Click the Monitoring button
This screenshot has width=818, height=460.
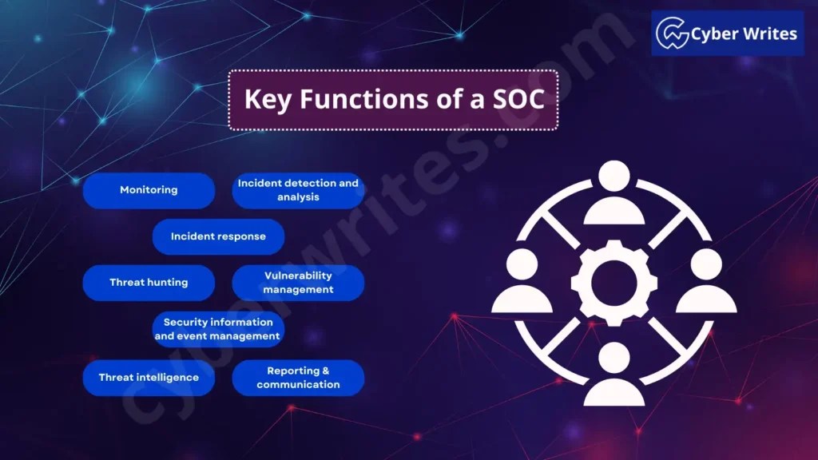coord(149,190)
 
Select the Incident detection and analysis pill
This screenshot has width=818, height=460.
coord(298,190)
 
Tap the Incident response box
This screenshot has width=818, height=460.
coord(218,236)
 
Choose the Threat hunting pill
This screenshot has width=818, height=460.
coord(149,283)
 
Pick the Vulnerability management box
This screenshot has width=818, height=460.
coord(298,283)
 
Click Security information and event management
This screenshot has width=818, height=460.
coord(217,329)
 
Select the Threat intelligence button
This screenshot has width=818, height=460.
coord(149,377)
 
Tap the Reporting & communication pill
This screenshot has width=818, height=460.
coord(298,377)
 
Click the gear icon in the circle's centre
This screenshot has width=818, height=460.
coord(614,284)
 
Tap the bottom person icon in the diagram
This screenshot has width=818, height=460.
coord(614,375)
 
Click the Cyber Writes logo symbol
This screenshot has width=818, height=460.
coord(673,34)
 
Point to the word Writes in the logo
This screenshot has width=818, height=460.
coord(769,34)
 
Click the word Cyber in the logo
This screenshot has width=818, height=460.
coord(715,34)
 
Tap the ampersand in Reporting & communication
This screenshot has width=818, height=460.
coord(325,371)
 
